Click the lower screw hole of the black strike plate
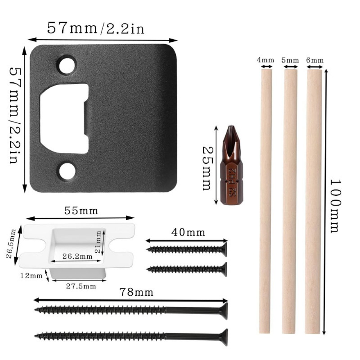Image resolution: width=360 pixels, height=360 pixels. pos(67,171)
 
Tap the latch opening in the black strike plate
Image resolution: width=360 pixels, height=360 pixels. pos(64,118)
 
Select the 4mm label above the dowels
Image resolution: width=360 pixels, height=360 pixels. pos(265,60)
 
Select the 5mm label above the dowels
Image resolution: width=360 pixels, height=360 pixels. pos(290,60)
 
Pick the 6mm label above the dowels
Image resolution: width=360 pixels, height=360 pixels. pos(315,60)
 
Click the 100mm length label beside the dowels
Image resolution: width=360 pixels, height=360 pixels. pos(336,206)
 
